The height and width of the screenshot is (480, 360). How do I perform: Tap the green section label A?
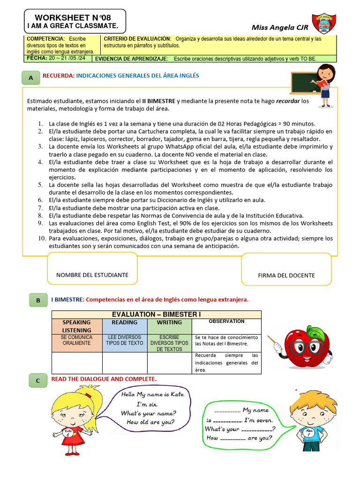point(31,77)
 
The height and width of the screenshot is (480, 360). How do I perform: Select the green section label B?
point(38,300)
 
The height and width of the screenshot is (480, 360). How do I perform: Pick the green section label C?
point(38,381)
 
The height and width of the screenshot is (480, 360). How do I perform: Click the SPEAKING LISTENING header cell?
point(76,326)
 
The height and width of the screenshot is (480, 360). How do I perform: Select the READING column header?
point(125,322)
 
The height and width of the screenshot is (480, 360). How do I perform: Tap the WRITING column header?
point(169,322)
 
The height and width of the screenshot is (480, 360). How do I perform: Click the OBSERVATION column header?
point(226,322)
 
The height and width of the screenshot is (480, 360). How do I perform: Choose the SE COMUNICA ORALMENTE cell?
point(76,340)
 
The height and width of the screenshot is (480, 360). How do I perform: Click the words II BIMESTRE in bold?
point(159,101)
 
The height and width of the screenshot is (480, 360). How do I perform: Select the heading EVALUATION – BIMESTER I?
point(156,314)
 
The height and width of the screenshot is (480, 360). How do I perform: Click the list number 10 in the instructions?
point(40,239)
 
